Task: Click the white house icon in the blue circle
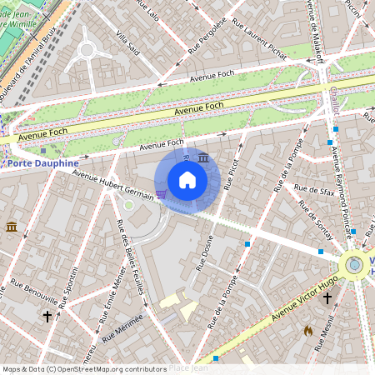coord(187,180)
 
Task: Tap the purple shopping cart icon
coord(161,193)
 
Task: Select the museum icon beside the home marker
coord(203,157)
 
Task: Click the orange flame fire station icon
coord(307,330)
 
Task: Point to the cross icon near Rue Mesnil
coord(327,297)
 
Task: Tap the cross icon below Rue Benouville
coord(47,317)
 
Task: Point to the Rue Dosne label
coord(204,253)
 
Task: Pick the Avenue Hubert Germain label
coord(112,184)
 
